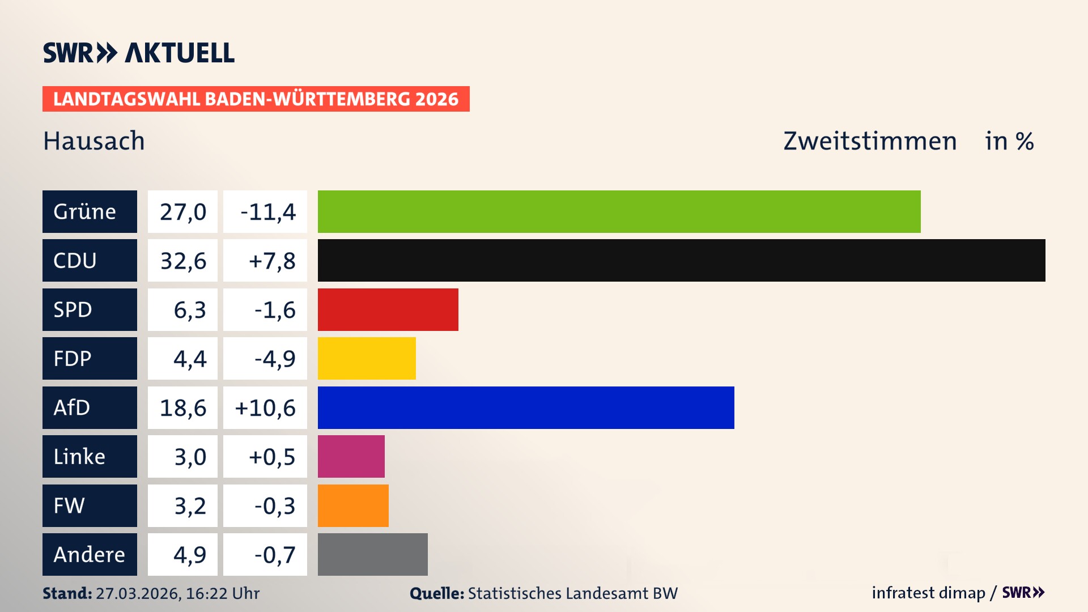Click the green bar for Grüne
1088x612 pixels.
(619, 211)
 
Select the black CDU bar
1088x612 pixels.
(681, 260)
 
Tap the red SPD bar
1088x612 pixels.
(388, 309)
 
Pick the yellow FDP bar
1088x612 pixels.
(367, 358)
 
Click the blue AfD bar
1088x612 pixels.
(526, 407)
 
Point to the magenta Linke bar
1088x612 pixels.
(351, 456)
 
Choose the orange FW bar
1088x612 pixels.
(353, 505)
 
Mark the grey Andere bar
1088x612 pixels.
(372, 554)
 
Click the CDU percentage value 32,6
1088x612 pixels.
(182, 261)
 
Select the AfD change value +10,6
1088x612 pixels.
(265, 408)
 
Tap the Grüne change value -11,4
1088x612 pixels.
(267, 212)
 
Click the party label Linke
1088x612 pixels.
(79, 457)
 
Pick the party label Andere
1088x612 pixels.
(89, 555)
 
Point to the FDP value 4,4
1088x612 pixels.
(189, 359)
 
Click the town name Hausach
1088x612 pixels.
(94, 141)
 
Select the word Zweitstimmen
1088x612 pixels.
(870, 141)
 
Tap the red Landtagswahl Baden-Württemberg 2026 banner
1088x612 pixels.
(256, 99)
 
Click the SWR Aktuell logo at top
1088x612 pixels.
(139, 53)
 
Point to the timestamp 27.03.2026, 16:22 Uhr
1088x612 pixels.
(177, 593)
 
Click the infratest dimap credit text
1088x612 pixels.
(928, 593)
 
